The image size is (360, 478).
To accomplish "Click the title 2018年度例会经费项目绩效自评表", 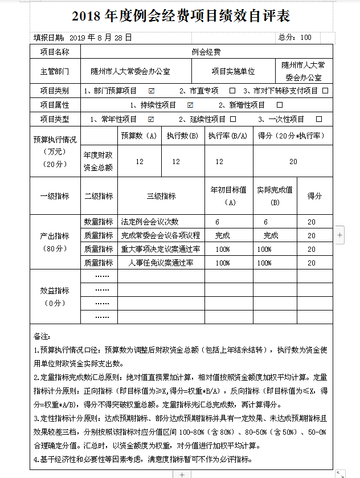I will [181, 16].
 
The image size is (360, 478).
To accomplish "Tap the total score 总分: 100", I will [294, 38].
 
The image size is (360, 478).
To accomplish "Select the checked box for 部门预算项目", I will [152, 91].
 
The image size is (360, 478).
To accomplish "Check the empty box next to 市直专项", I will [232, 91].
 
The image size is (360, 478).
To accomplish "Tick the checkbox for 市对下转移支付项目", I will [325, 91].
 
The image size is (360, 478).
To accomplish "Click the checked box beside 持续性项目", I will [190, 105].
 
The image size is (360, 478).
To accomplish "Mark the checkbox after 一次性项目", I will [319, 120].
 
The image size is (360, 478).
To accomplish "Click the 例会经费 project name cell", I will [206, 52].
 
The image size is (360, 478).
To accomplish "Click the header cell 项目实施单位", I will [233, 72].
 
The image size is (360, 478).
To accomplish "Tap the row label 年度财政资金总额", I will [98, 162].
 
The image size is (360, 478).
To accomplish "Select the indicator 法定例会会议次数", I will [150, 222].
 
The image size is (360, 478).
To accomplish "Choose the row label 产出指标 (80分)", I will [55, 242].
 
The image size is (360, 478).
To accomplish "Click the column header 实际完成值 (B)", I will [275, 195].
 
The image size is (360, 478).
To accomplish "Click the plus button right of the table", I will [339, 234].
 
